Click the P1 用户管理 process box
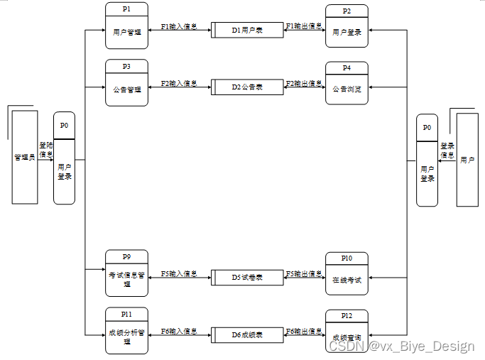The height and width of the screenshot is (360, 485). [126, 26]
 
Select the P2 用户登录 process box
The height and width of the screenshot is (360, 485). [347, 26]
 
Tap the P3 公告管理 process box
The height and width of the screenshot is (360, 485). [126, 83]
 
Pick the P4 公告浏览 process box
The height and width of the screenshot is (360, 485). [347, 84]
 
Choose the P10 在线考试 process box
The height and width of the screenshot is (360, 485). [347, 274]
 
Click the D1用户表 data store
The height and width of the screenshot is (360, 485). [247, 31]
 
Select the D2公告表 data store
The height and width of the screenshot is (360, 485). [247, 87]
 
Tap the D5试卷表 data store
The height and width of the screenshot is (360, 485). [247, 277]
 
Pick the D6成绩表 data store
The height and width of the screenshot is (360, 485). [247, 334]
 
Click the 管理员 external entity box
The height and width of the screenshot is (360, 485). [25, 157]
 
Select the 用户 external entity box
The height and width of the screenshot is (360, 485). [467, 160]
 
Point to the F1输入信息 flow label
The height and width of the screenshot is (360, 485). [178, 26]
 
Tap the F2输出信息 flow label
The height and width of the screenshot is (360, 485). [304, 83]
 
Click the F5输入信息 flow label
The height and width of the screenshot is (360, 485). [178, 273]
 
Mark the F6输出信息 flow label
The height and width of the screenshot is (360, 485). [304, 331]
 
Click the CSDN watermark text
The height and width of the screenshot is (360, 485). [400, 347]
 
